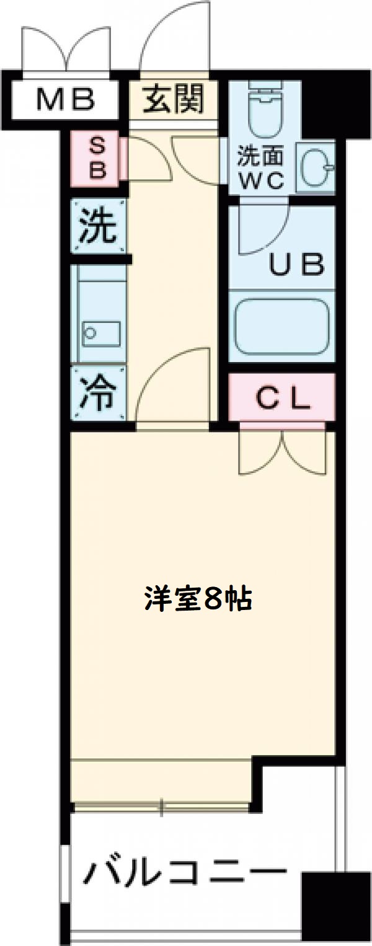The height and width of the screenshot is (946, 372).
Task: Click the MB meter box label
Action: point(64,99)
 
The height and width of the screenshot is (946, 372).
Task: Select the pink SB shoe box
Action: point(97,159)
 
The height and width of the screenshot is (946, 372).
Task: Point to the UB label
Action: point(296,265)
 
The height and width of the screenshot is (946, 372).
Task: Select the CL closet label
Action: point(282,399)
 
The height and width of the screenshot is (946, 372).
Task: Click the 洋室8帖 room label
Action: point(198,599)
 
